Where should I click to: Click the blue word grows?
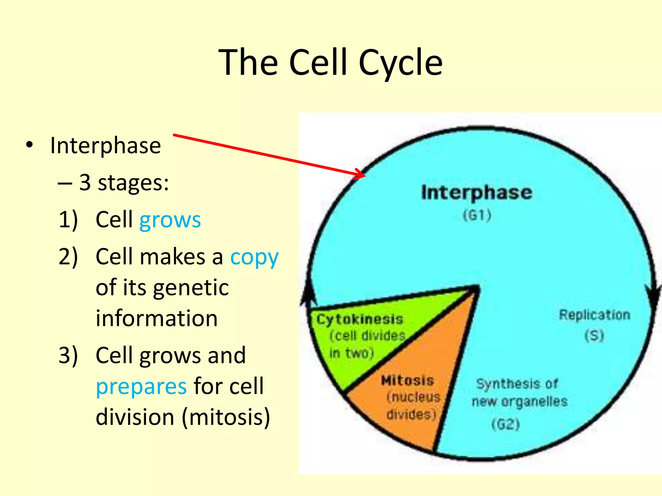click(170, 220)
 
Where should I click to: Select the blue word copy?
click(254, 257)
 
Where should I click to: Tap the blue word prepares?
click(141, 387)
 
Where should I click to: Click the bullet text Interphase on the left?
click(105, 146)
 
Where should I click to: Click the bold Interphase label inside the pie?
click(476, 193)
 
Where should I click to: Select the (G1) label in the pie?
click(477, 215)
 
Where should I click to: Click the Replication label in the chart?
click(594, 315)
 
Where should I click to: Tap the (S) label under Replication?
click(594, 336)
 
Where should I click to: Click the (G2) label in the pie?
click(506, 424)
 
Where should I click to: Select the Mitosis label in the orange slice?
click(407, 381)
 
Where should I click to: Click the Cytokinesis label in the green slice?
click(359, 319)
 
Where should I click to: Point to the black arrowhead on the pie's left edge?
click(308, 292)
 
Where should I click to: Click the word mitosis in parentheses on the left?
click(226, 417)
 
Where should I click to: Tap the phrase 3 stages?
click(124, 183)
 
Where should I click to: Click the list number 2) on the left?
click(68, 257)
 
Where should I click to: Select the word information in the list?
click(156, 318)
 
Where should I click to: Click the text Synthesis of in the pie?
click(517, 384)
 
